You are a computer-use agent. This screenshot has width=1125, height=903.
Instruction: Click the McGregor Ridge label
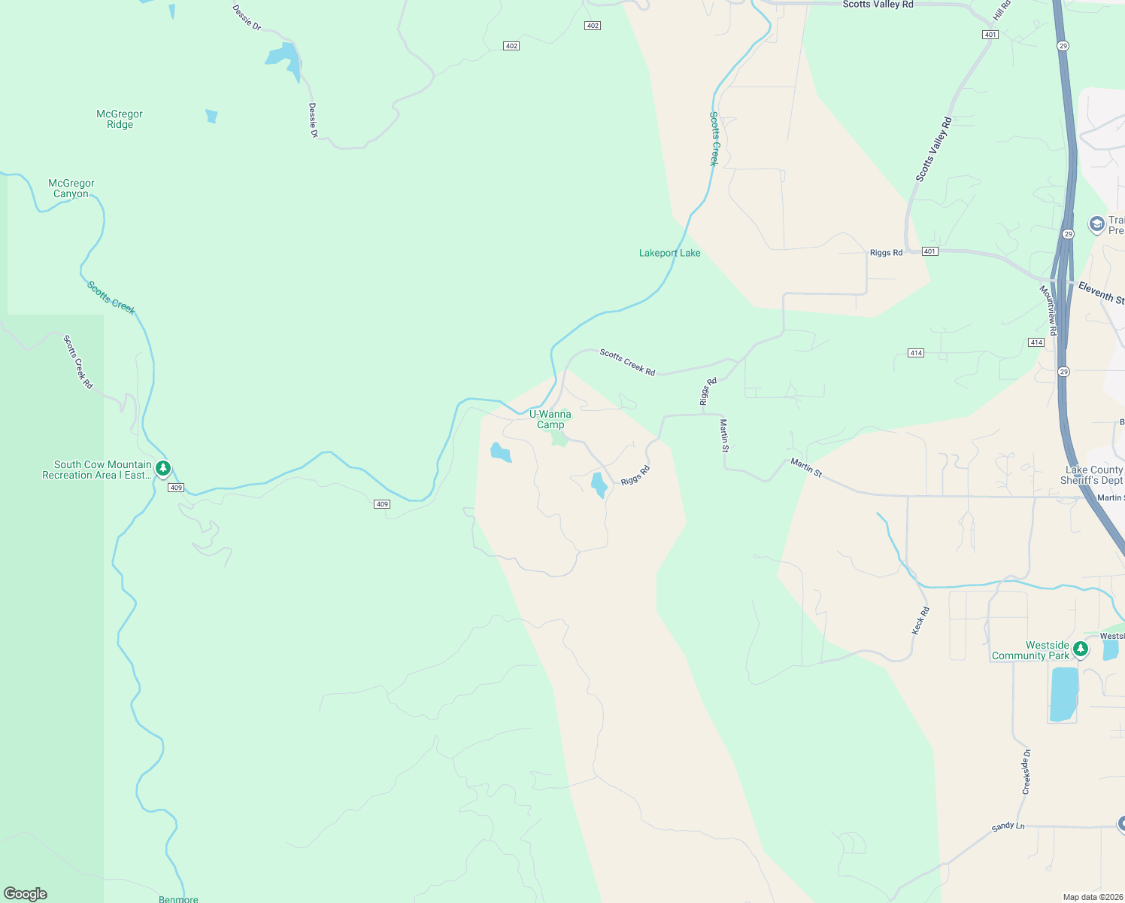point(120,120)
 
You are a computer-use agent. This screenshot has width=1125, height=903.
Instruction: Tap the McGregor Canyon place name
point(71,188)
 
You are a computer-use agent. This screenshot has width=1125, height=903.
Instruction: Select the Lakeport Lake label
point(669,253)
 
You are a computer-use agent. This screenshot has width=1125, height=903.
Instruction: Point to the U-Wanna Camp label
point(550,419)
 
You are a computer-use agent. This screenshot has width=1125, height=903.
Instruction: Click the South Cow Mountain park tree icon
point(163,469)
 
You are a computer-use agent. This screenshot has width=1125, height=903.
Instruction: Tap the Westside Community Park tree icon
point(1081,648)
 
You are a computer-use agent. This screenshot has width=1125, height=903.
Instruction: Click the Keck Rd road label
point(921,621)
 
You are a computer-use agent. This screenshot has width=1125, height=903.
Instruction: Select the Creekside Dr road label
point(1026,771)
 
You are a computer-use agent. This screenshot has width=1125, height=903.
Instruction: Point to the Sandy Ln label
point(1008,826)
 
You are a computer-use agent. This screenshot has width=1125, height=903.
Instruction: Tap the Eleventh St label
point(1101,293)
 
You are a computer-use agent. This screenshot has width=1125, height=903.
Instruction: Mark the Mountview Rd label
point(1049,310)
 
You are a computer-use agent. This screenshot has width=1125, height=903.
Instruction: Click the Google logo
point(26,894)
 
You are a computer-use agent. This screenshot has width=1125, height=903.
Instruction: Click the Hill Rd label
point(1002,10)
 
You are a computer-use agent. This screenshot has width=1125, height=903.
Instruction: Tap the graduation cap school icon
point(1096,224)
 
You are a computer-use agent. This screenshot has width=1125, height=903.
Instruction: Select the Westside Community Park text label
point(1030,651)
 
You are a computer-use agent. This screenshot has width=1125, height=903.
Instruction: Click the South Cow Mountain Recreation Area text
point(97,470)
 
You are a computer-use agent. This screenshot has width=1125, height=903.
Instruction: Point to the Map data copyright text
point(1093,897)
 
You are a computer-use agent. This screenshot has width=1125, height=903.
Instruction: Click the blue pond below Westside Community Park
point(1063,694)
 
